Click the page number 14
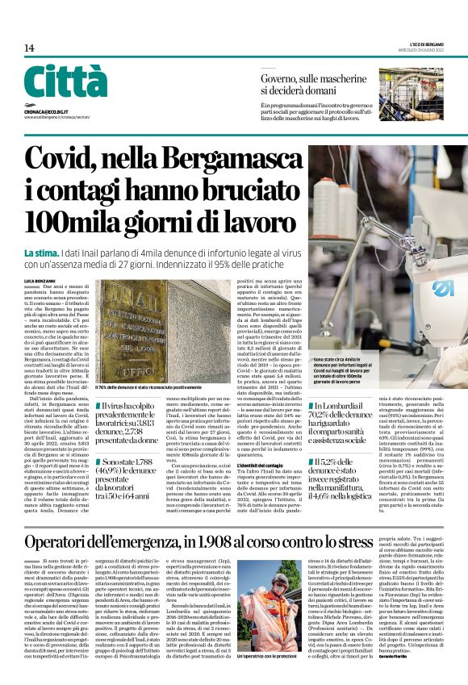(x=29, y=48)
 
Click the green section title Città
(x=65, y=81)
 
